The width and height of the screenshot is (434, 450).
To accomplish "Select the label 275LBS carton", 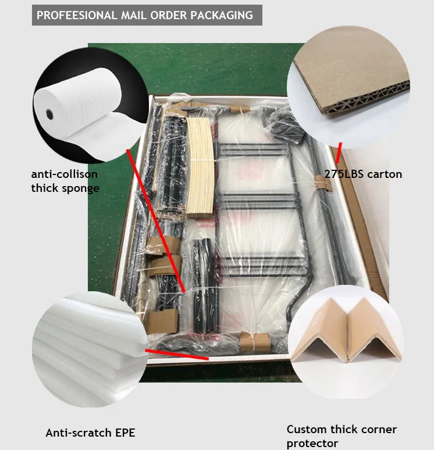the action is click(363, 174).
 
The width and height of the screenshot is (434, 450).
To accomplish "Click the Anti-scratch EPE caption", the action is click(90, 433).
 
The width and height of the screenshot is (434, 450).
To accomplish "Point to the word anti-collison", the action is click(65, 174).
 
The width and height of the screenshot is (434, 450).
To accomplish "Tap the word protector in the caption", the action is click(312, 444).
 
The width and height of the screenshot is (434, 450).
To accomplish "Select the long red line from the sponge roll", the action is click(156, 221).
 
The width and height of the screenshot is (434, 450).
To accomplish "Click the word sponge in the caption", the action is click(79, 188).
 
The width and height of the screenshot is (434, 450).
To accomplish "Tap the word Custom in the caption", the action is click(307, 430).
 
